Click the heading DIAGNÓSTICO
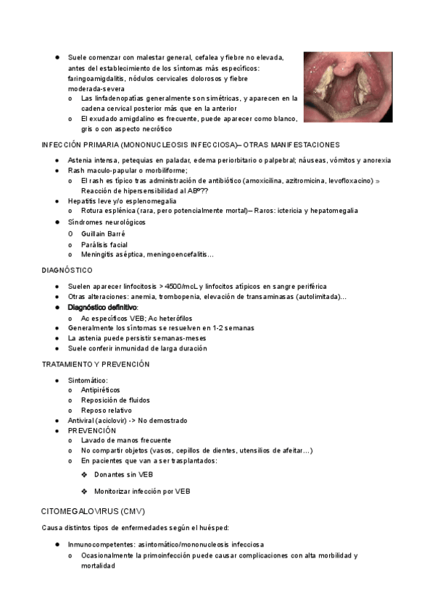(x=67, y=270)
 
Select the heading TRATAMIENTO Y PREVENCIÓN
(x=96, y=364)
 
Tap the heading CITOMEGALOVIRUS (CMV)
(x=93, y=511)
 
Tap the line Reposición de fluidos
(x=115, y=400)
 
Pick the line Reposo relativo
(x=107, y=411)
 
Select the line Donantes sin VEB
(x=123, y=474)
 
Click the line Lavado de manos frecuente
(x=126, y=440)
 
